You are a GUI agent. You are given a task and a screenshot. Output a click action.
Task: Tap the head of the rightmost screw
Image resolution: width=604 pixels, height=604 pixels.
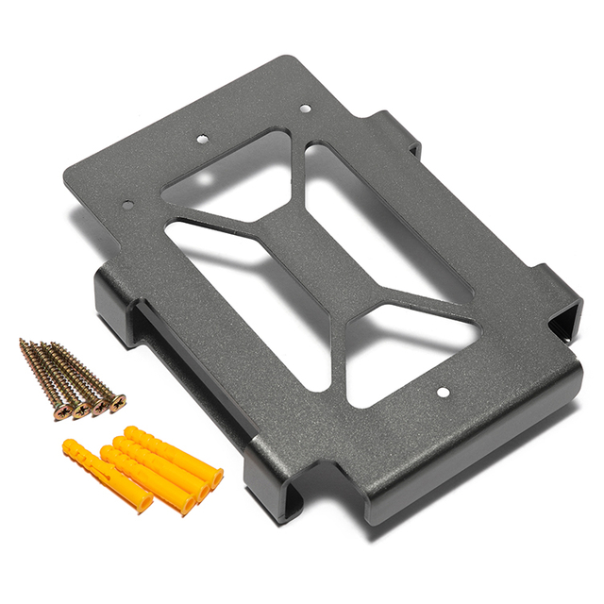pos(117,403)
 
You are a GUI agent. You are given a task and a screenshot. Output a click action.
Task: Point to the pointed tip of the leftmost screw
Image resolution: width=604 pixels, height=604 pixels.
pos(24,343)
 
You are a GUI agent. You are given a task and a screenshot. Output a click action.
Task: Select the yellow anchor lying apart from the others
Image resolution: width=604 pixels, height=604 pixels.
pos(106,477)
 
